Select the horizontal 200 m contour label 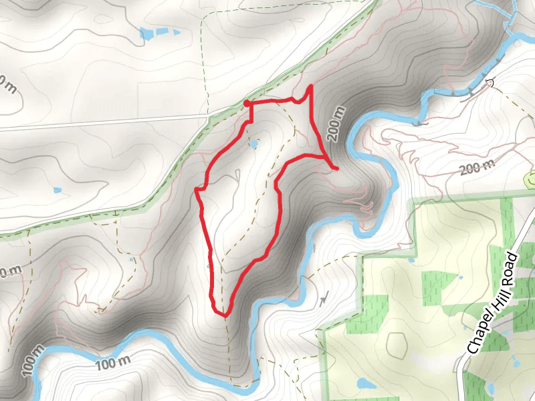pyautogui.click(x=477, y=166)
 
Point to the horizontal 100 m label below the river pyautogui.click(x=112, y=364)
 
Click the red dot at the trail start pyautogui.click(x=247, y=104)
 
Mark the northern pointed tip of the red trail pyautogui.click(x=310, y=87)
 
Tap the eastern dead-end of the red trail pyautogui.click(x=336, y=168)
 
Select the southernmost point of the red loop pyautogui.click(x=224, y=315)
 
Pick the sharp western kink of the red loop pyautogui.click(x=197, y=190)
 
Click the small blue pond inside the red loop pyautogui.click(x=253, y=143)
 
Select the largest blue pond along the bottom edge pyautogui.click(x=365, y=384)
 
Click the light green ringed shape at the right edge pyautogui.click(x=530, y=178)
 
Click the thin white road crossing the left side pyautogui.click(x=100, y=122)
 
